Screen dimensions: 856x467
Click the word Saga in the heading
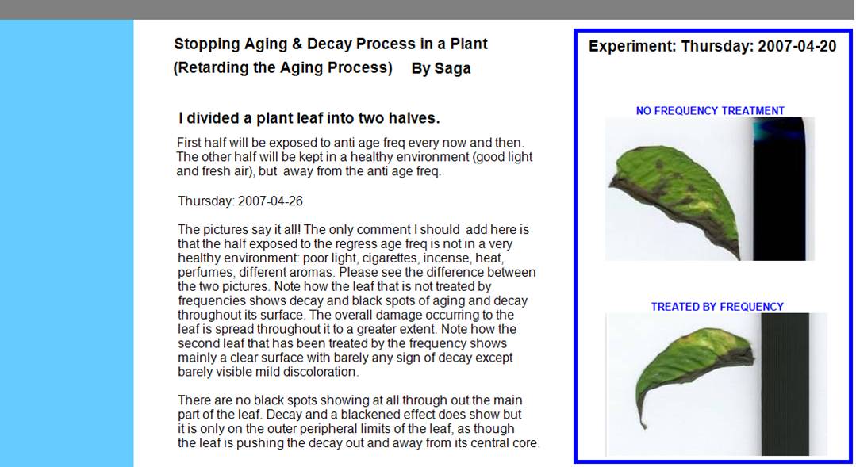pos(452,69)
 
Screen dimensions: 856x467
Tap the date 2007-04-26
pos(271,201)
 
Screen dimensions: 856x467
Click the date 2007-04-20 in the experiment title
pos(797,46)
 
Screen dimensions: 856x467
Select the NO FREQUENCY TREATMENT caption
pos(710,111)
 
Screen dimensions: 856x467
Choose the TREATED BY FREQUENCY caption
pos(717,307)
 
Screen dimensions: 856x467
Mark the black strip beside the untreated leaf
pos(779,189)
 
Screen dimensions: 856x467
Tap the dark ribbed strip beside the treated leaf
pos(785,384)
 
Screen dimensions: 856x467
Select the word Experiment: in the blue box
pos(632,46)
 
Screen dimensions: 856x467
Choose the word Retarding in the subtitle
pos(211,68)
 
